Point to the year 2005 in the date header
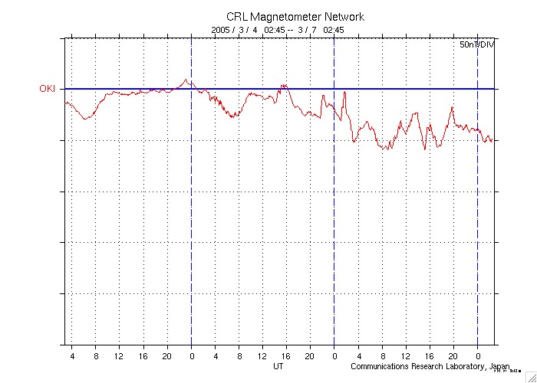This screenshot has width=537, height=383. tap(221, 30)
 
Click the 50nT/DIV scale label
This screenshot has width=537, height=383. tap(476, 45)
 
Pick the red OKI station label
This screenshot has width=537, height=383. tap(48, 89)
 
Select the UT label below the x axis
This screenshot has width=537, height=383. tap(279, 367)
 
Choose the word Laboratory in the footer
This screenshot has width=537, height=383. tap(468, 367)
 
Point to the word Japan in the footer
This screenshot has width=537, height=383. tap(499, 367)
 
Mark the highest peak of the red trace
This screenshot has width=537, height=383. tap(185, 79)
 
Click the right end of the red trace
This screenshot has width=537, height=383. tap(492, 141)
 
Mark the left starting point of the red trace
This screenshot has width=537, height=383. tap(66, 102)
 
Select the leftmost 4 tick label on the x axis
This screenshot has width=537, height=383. tap(73, 356)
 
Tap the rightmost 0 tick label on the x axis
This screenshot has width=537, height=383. tap(477, 356)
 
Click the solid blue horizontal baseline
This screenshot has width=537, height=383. tap(307, 89)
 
